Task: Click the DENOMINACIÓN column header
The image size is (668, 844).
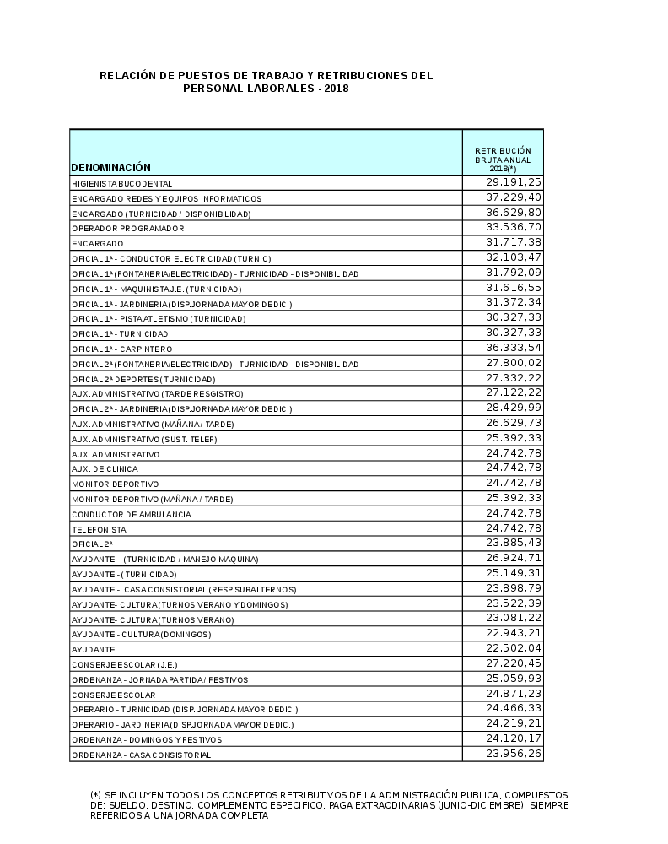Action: coord(110,167)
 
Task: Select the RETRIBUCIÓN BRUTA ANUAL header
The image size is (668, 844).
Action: coord(503,160)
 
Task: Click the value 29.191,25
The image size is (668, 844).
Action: coord(514,182)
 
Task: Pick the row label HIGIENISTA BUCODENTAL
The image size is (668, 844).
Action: coord(122,183)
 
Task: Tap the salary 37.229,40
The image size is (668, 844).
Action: coord(514,197)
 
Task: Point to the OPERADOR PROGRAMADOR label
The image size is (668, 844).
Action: coord(127,229)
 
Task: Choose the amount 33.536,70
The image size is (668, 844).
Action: coord(514,228)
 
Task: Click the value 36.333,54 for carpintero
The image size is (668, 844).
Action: coord(514,348)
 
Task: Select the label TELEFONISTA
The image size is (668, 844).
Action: coord(99,529)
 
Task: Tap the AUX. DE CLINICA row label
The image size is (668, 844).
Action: coord(105,469)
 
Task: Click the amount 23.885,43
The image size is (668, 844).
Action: coord(514,544)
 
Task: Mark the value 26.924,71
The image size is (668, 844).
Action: coord(514,559)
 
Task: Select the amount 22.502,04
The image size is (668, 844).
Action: coord(514,648)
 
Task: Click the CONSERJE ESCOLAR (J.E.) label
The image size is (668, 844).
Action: coord(124,664)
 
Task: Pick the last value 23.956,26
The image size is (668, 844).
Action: coord(514,754)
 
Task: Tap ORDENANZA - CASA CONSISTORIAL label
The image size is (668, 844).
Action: coord(141,755)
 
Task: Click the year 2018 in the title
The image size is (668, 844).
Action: coord(336,89)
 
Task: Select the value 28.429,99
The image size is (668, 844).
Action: coord(514,408)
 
